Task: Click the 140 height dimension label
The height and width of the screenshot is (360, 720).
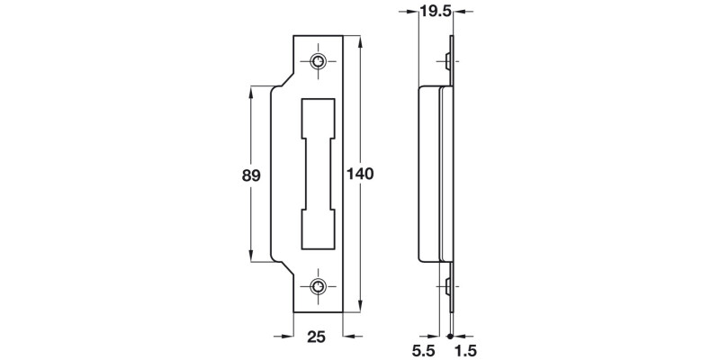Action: coord(359,173)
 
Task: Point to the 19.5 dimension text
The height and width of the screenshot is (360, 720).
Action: coord(436,12)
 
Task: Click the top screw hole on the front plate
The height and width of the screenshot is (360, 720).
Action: coord(319,61)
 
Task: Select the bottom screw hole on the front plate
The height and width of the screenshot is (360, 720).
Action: coord(319,287)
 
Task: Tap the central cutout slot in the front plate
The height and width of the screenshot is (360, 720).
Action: coord(319,174)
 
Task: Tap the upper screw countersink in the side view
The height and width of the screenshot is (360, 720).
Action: coord(448,61)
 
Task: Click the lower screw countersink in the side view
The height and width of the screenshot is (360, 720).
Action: coord(448,287)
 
